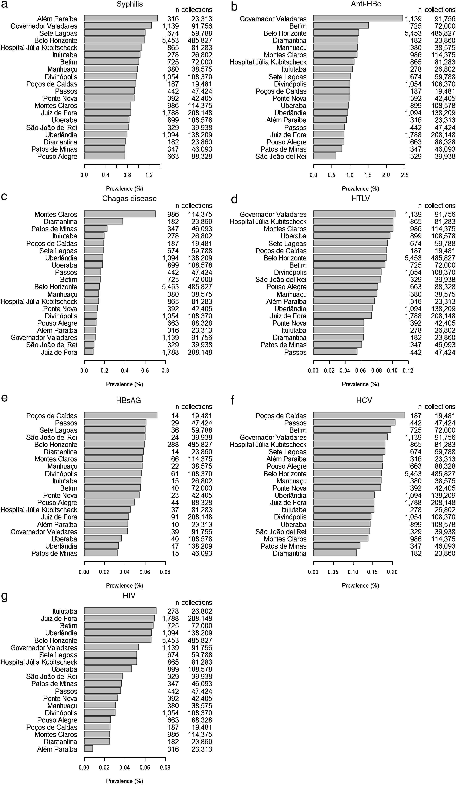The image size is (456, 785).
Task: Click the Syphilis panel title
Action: [x=130, y=4]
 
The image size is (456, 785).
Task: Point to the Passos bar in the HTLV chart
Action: [x=335, y=352]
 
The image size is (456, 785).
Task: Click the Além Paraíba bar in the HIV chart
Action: [x=88, y=749]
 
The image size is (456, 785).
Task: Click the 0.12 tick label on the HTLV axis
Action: [x=408, y=371]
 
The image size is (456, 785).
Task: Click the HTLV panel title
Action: [x=360, y=198]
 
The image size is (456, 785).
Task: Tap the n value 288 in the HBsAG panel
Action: [x=173, y=445]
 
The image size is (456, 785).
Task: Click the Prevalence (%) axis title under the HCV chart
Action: [x=360, y=585]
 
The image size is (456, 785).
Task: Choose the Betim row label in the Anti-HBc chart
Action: [x=298, y=26]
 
